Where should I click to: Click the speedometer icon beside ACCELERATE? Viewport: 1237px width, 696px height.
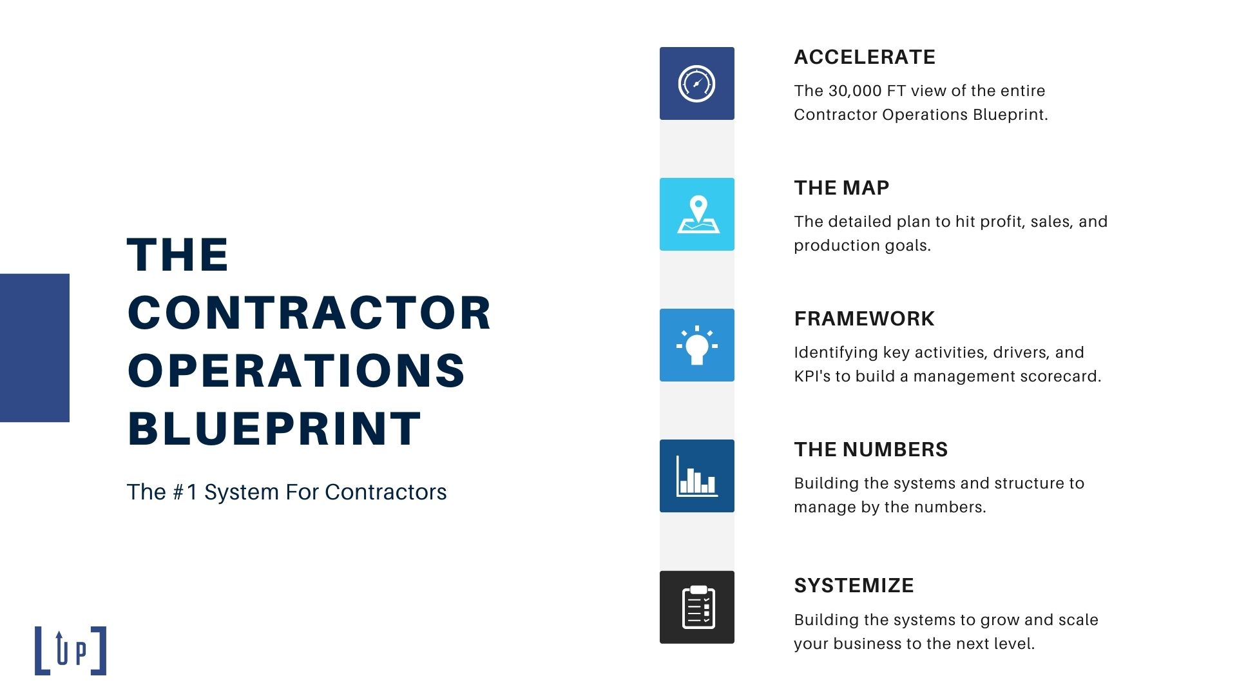pyautogui.click(x=696, y=84)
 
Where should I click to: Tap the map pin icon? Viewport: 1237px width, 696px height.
pyautogui.click(x=698, y=215)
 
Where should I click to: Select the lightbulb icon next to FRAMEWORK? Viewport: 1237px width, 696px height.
pyautogui.click(x=696, y=345)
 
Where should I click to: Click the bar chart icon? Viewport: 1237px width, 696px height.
pyautogui.click(x=696, y=476)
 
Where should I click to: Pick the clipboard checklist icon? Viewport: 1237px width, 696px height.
pyautogui.click(x=698, y=607)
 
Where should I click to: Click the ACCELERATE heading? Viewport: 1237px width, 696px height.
pyautogui.click(x=865, y=57)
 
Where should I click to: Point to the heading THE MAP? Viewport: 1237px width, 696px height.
pyautogui.click(x=841, y=188)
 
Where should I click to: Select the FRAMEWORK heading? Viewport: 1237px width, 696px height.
pyautogui.click(x=864, y=319)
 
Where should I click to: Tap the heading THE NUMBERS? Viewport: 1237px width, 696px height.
pyautogui.click(x=871, y=450)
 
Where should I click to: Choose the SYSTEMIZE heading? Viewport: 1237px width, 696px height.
pyautogui.click(x=854, y=586)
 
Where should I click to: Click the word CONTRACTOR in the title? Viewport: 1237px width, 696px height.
pyautogui.click(x=310, y=313)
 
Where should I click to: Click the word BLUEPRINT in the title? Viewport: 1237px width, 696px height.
pyautogui.click(x=274, y=429)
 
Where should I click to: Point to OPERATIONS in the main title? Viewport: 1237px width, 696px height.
pyautogui.click(x=296, y=371)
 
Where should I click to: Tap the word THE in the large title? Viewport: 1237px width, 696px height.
pyautogui.click(x=178, y=255)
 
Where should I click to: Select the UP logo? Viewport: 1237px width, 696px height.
pyautogui.click(x=70, y=651)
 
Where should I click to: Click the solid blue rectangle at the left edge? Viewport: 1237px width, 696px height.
pyautogui.click(x=35, y=348)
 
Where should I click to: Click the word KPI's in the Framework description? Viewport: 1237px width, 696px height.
pyautogui.click(x=812, y=376)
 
